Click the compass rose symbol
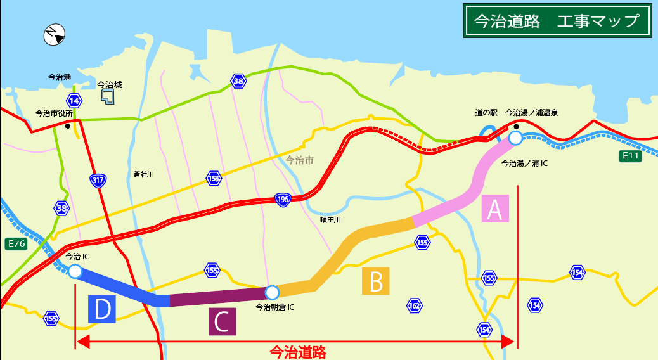(x=55, y=35)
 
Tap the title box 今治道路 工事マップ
(x=557, y=21)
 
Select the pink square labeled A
(x=495, y=209)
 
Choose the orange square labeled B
(x=376, y=281)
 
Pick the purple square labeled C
(x=222, y=321)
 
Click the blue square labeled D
(x=102, y=309)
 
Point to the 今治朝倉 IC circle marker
(x=272, y=292)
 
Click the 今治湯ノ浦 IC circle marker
(x=515, y=138)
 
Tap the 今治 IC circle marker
(x=75, y=271)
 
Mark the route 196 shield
(x=283, y=200)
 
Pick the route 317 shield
(x=98, y=181)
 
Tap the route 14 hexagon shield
(x=74, y=101)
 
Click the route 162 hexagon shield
(x=414, y=306)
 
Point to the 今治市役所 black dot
(x=67, y=125)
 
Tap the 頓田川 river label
(x=330, y=219)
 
